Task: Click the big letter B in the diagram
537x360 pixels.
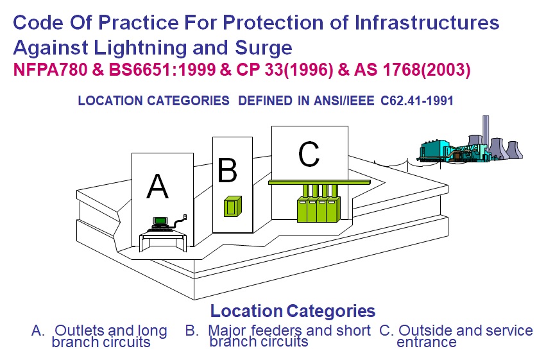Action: click(x=227, y=171)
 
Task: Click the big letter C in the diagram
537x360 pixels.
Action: click(x=309, y=153)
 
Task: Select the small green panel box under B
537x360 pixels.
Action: click(x=230, y=207)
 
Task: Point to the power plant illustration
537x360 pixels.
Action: click(x=468, y=145)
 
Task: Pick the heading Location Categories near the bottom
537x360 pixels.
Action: click(x=293, y=312)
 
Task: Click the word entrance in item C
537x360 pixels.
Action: click(x=426, y=342)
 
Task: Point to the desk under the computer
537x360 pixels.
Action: click(x=164, y=240)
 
